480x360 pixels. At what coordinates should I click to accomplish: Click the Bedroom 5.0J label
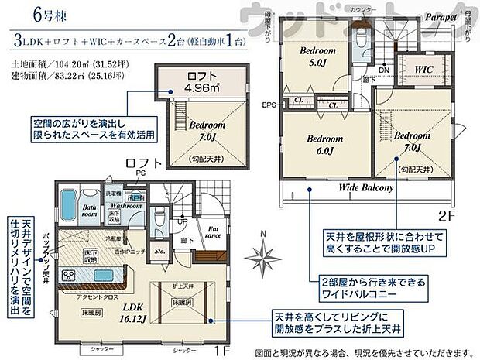pyautogui.click(x=318, y=56)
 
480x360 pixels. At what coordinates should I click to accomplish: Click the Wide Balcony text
pyautogui.click(x=366, y=187)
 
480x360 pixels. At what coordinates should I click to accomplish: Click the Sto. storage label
pyautogui.click(x=160, y=252)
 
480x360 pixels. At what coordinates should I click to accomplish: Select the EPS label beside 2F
pyautogui.click(x=268, y=105)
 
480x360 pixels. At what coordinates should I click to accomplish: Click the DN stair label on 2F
pyautogui.click(x=384, y=69)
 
